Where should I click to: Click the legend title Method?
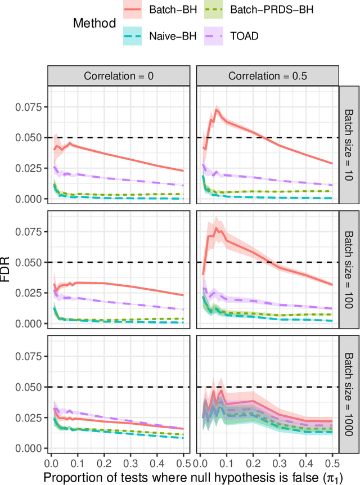94,23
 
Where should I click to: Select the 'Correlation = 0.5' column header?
266,76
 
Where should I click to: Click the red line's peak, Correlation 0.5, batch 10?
217,109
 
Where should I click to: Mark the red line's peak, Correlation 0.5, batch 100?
216,228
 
